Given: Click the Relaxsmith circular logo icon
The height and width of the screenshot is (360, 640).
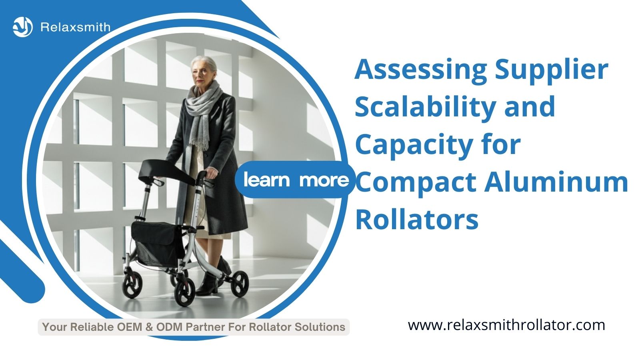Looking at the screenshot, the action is [22, 27].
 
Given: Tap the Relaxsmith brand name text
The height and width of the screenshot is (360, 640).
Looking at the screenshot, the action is [76, 27].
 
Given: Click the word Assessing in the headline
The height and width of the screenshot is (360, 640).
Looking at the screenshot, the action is [420, 70].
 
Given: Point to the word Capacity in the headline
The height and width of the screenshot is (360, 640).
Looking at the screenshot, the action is [414, 146].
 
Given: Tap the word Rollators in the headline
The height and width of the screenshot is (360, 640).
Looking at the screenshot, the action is [417, 220].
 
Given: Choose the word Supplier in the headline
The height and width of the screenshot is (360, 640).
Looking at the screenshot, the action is [552, 70].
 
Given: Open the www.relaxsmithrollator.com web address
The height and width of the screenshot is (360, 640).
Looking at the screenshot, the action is [506, 326].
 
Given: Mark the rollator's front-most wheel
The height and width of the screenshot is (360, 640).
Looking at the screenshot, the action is [184, 292].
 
